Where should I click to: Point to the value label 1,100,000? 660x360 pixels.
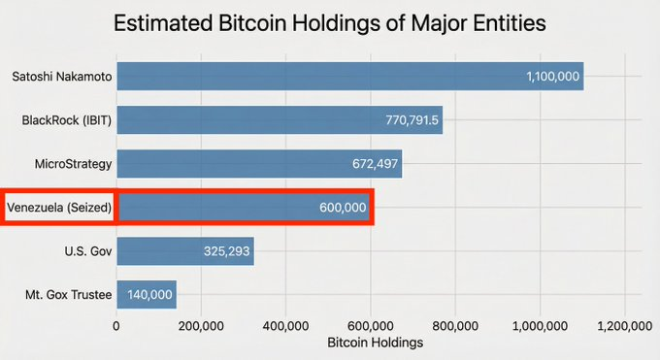click(553, 76)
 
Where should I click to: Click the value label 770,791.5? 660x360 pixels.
click(412, 120)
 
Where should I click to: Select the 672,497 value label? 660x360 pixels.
click(370, 164)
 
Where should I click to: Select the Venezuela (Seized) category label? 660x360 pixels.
click(59, 208)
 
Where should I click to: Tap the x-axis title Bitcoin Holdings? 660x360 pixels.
click(375, 343)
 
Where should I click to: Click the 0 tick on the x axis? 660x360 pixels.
click(116, 326)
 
